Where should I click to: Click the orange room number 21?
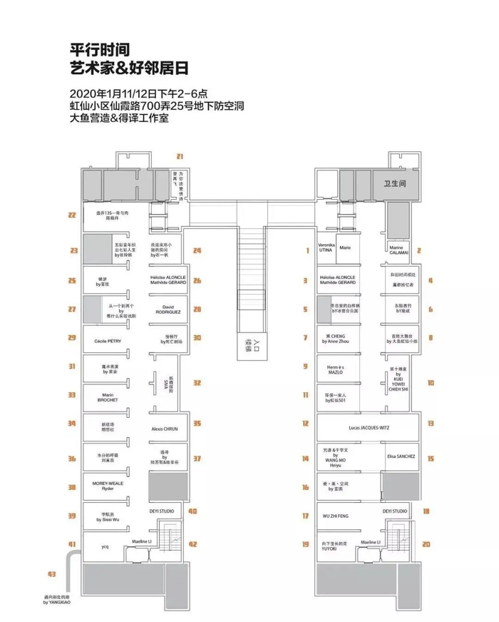180,156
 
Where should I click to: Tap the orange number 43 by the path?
51,573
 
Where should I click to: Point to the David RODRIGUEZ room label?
168,309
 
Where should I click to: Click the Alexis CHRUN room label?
165,429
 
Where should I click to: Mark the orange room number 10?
431,382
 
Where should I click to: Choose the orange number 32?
197,382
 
